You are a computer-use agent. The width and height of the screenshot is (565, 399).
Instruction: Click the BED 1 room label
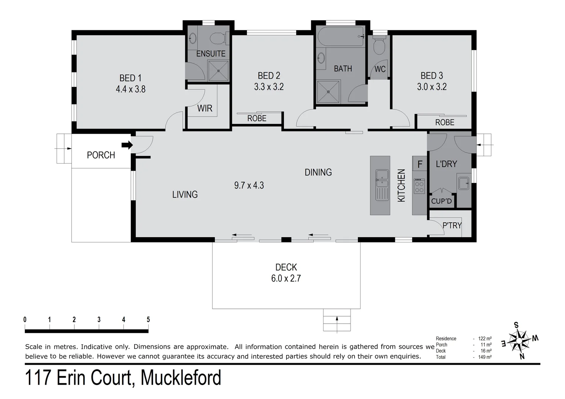coord(130,78)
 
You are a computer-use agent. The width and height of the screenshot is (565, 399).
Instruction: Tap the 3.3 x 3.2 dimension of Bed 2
coord(269,87)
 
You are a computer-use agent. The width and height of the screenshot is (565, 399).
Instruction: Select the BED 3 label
coord(432,76)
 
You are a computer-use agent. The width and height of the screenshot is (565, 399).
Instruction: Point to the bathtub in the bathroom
coord(341,37)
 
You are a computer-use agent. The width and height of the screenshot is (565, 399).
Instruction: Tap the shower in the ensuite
coord(218,71)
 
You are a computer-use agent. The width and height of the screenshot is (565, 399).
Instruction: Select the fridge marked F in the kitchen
coord(420,164)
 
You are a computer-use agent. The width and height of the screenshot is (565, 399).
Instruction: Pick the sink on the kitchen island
coord(382,179)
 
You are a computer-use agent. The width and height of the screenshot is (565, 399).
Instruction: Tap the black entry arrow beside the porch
coord(127,145)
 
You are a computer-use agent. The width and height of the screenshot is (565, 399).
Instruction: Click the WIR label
coord(205,108)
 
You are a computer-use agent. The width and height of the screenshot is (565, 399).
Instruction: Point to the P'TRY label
coord(452,225)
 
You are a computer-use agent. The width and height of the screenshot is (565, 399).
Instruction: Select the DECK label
coord(286,267)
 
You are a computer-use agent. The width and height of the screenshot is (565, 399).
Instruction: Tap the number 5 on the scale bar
coord(148,320)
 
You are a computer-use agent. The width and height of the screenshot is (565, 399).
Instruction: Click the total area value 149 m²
coord(484,357)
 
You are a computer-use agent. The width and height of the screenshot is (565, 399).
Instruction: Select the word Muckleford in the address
coord(181,378)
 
